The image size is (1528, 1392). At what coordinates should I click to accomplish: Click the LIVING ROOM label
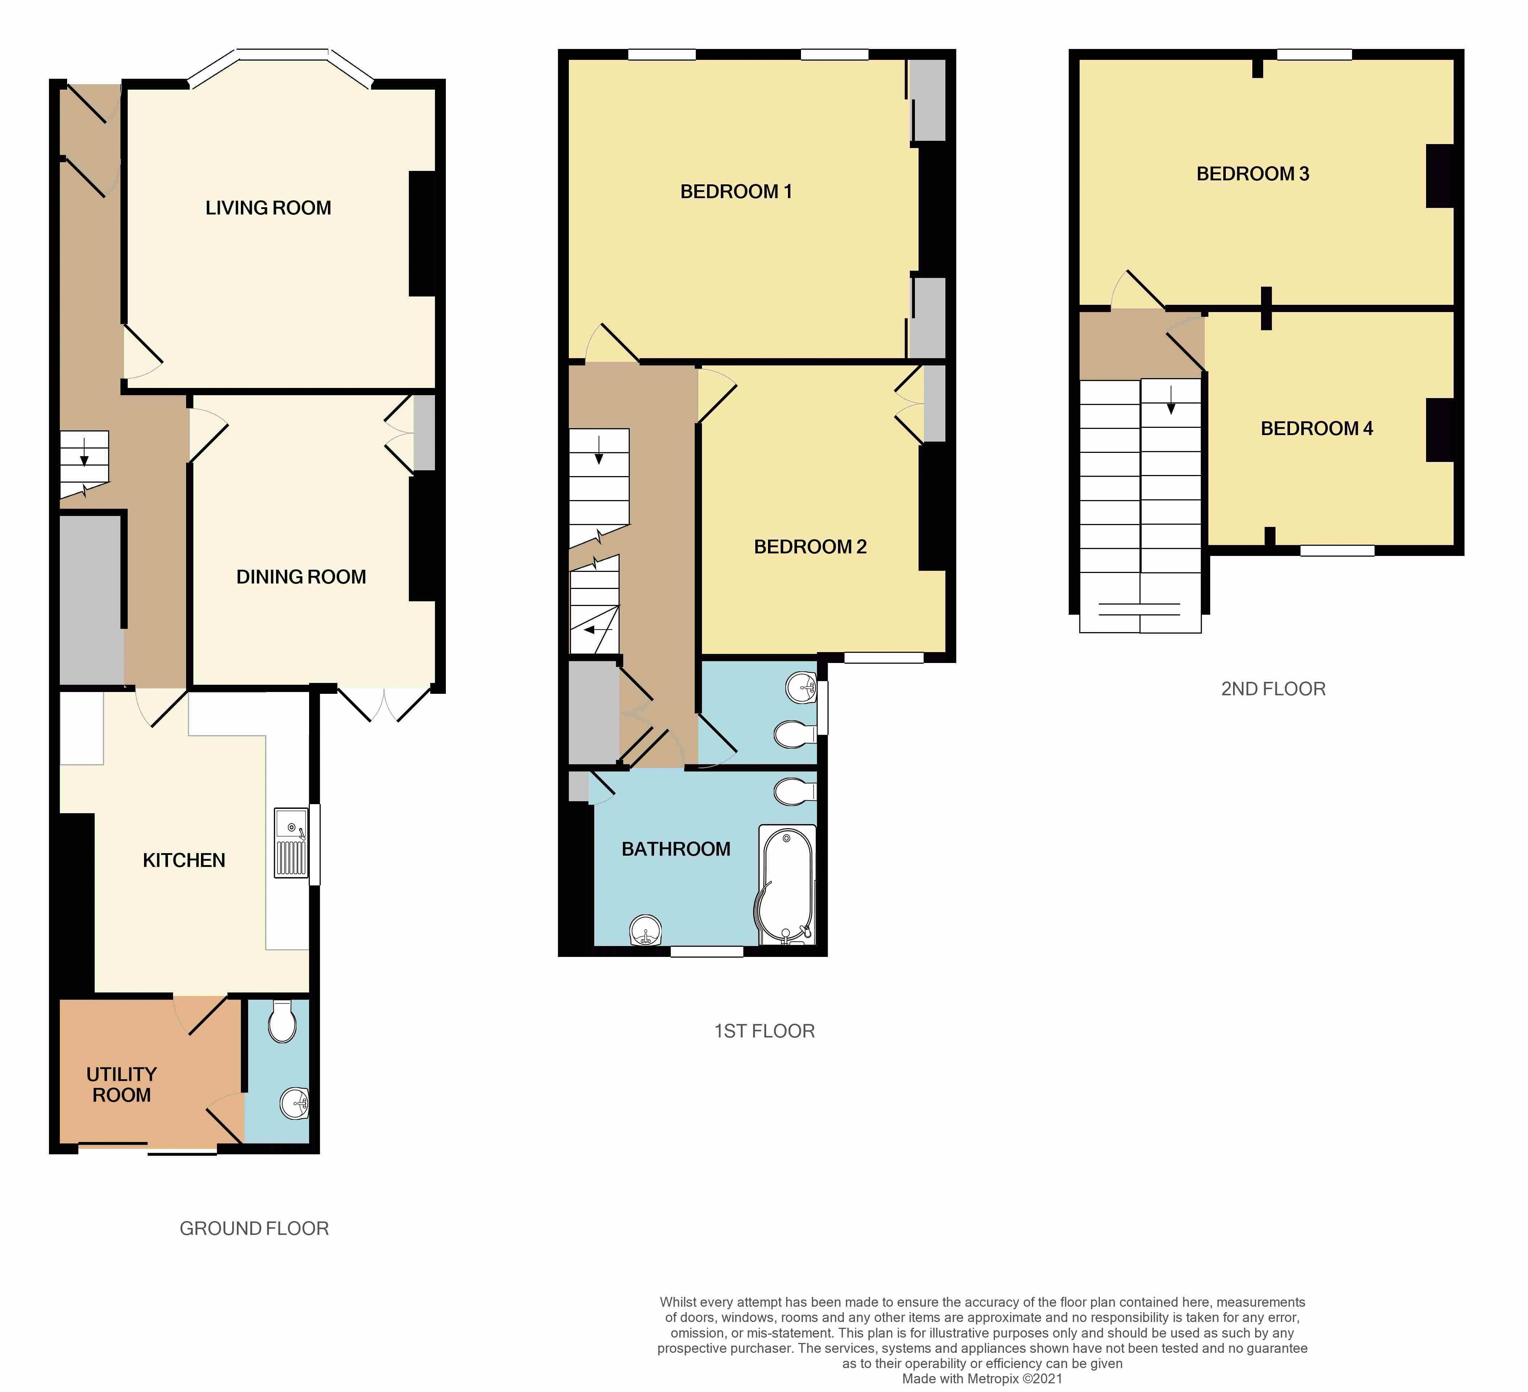(268, 208)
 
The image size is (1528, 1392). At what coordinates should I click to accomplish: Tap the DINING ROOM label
(301, 577)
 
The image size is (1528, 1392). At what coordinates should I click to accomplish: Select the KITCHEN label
(184, 860)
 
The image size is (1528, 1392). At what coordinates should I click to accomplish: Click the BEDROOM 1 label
(736, 192)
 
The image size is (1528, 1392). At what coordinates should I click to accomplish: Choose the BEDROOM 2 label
(809, 546)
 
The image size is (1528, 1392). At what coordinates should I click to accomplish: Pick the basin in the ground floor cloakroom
(294, 1103)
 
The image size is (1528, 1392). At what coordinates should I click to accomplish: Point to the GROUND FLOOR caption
(254, 1228)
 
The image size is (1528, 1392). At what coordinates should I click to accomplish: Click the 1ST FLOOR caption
(764, 1031)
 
